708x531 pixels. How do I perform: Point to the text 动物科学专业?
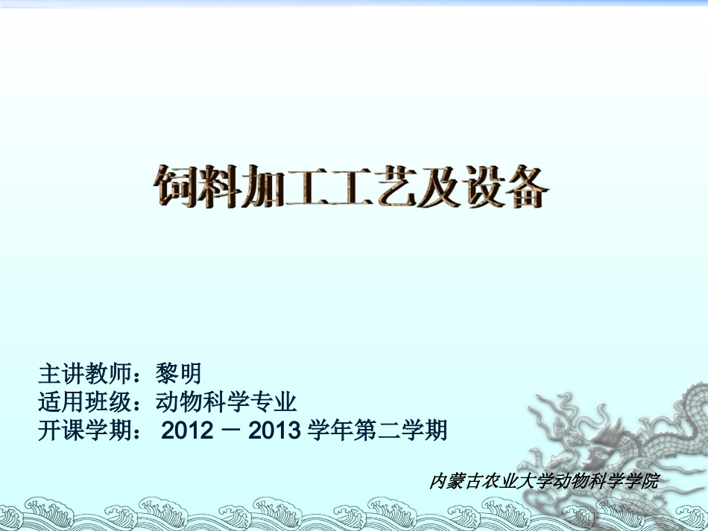pyautogui.click(x=227, y=402)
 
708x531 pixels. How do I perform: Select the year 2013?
pyautogui.click(x=274, y=430)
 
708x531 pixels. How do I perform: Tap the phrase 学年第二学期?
pyautogui.click(x=378, y=430)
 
